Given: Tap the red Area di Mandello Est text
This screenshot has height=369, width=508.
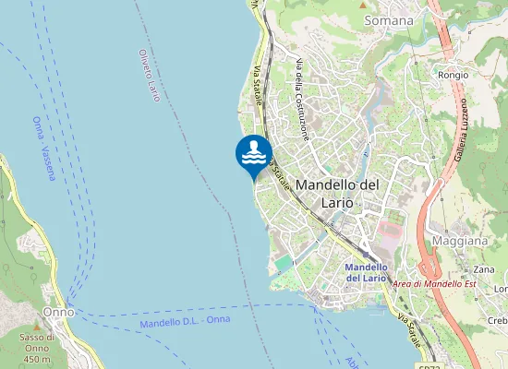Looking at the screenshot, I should pos(433,284).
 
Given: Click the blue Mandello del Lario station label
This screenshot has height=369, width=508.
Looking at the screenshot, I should pos(365,272).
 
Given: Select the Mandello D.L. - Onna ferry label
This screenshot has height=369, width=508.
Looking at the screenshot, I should pos(185,322).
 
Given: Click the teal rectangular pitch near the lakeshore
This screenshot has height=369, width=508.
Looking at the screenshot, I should pos(284,264).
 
